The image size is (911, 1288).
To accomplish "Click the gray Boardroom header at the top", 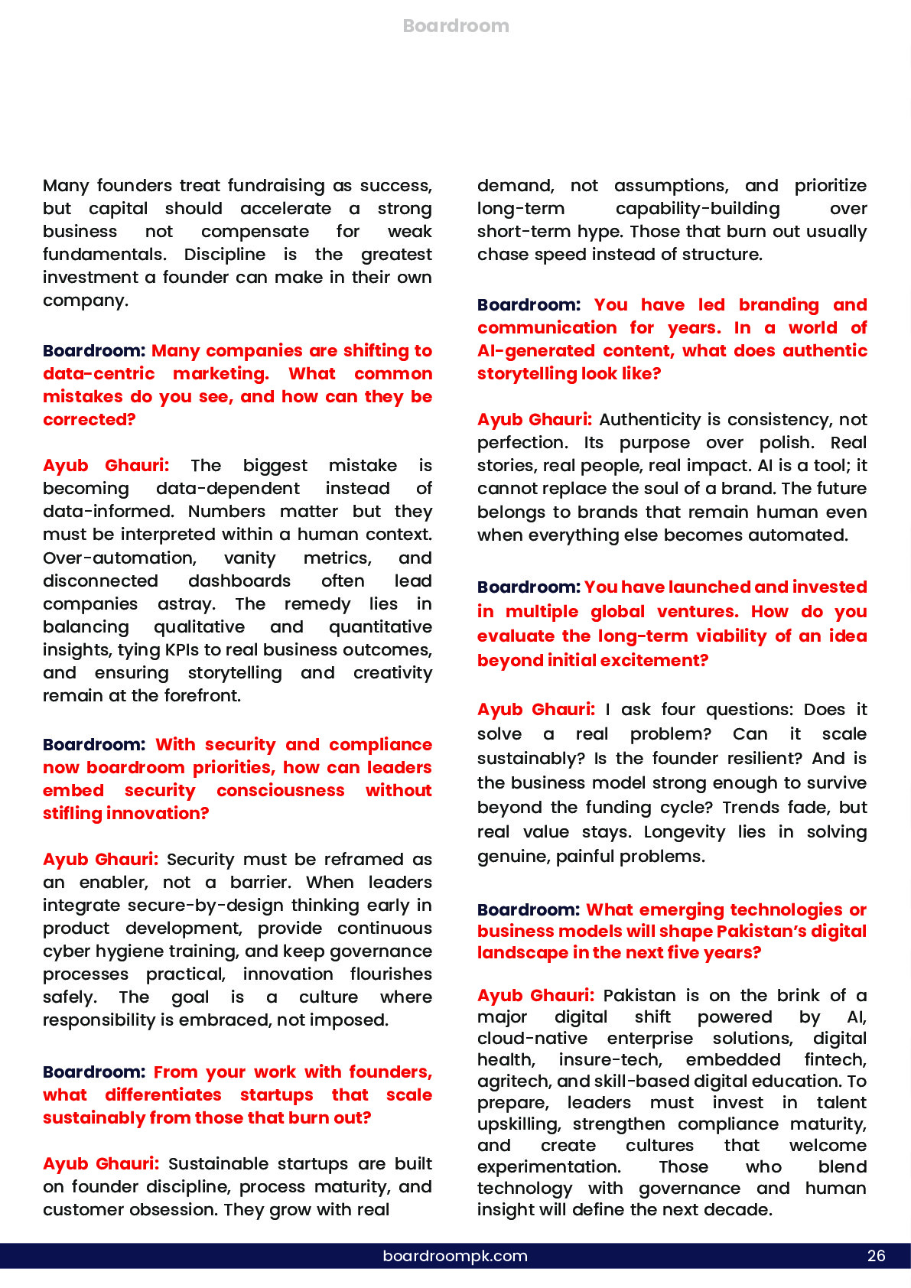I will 456,26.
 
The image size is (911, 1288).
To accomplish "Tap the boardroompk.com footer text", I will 455,1256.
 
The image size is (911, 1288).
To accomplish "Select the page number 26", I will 876,1256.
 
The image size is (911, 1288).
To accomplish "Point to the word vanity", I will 249,558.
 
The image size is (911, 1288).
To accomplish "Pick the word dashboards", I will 239,581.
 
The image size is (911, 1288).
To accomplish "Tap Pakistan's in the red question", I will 823,932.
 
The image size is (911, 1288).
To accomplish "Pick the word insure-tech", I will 610,1060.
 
